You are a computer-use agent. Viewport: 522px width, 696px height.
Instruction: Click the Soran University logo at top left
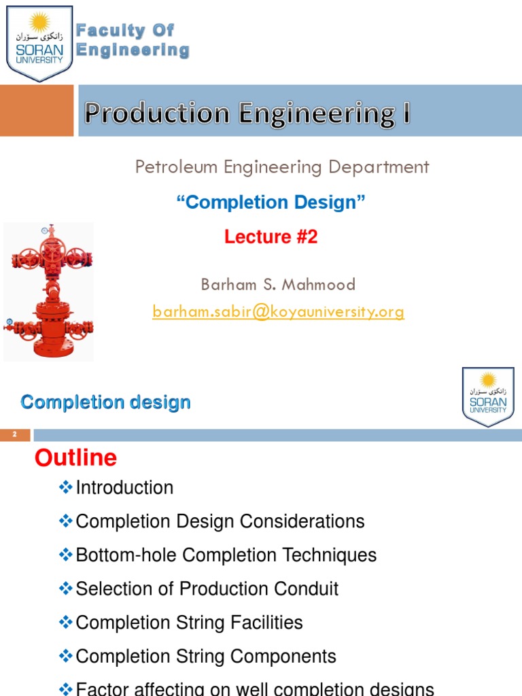click(x=39, y=43)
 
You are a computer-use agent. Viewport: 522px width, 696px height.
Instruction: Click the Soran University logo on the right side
click(x=488, y=396)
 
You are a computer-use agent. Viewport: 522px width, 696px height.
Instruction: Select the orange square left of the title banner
click(x=36, y=110)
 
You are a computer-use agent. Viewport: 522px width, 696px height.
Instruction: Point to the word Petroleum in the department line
click(x=174, y=167)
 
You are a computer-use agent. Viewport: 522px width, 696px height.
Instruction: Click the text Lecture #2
click(x=271, y=237)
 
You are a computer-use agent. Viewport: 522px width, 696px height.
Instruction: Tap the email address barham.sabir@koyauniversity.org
click(x=278, y=311)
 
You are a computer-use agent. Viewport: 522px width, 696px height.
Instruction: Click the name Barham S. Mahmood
click(x=278, y=284)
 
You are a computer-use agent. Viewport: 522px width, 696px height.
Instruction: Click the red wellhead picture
click(x=48, y=292)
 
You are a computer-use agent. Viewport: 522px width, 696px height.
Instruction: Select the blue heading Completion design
click(x=105, y=402)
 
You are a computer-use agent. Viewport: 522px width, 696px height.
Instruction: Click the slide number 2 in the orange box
click(x=14, y=435)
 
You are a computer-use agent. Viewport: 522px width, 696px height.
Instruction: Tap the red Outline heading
click(x=75, y=458)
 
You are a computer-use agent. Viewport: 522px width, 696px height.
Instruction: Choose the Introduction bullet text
click(x=124, y=487)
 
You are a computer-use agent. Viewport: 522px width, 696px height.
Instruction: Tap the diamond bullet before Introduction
click(x=66, y=487)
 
